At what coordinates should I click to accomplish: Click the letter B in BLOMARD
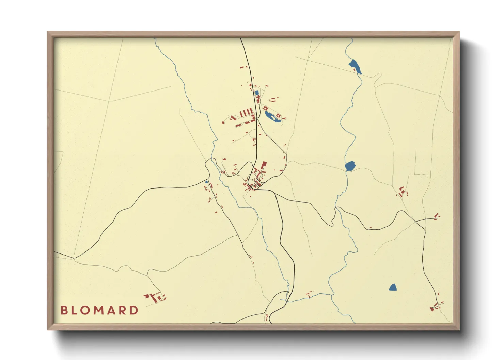pyautogui.click(x=64, y=310)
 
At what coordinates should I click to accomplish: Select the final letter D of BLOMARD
pyautogui.click(x=134, y=310)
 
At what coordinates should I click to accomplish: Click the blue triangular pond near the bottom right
pyautogui.click(x=393, y=288)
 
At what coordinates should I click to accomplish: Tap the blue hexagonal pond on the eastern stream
pyautogui.click(x=350, y=166)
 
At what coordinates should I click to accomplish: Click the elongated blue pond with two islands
pyautogui.click(x=272, y=117)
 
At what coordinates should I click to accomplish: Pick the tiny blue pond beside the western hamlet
pyautogui.click(x=206, y=182)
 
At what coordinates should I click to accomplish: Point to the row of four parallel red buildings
pyautogui.click(x=247, y=112)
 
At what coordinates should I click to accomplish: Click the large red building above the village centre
pyautogui.click(x=263, y=166)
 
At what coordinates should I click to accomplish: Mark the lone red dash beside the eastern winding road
pyautogui.click(x=371, y=227)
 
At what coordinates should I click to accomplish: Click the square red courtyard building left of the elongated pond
pyautogui.click(x=265, y=108)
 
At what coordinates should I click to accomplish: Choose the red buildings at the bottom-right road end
pyautogui.click(x=436, y=305)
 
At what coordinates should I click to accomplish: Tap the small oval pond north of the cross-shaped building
pyautogui.click(x=257, y=92)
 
